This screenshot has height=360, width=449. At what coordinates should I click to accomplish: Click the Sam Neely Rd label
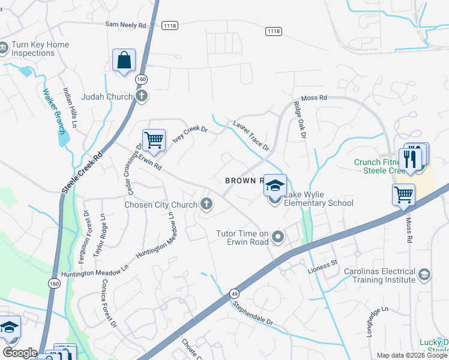[x=125, y=25]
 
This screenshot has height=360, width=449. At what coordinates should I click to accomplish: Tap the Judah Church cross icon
[x=141, y=96]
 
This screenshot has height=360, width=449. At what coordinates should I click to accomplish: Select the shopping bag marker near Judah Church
[x=124, y=61]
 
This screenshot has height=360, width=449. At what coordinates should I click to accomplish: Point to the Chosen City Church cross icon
[x=206, y=205]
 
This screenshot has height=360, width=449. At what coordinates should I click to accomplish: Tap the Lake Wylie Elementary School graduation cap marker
[x=276, y=186]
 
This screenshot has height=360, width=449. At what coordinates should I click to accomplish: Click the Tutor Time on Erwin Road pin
[x=277, y=238]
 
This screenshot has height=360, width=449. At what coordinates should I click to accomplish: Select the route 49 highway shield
[x=234, y=293]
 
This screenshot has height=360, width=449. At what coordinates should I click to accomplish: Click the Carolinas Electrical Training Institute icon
[x=424, y=275]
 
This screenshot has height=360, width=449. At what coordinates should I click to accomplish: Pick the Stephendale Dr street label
[x=253, y=312]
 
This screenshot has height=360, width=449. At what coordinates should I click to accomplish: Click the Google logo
[x=20, y=353]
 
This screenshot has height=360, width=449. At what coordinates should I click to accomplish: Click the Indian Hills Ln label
[x=71, y=108]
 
